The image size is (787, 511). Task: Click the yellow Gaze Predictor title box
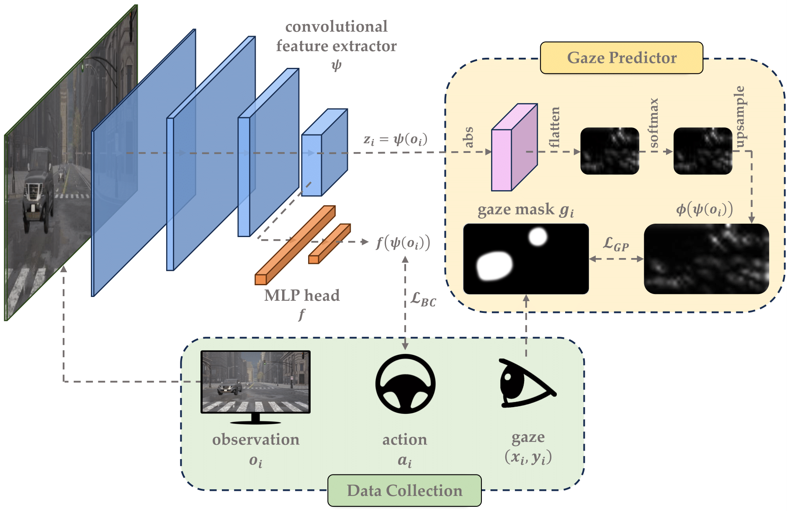point(621,58)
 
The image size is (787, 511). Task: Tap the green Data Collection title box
point(404,490)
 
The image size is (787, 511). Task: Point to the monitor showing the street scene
point(255,382)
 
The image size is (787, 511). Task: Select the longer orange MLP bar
point(295,245)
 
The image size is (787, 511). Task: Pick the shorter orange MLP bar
point(329,244)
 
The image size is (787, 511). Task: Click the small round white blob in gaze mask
point(538,237)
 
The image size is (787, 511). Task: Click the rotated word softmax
point(653,123)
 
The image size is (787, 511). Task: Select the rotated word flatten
point(555,127)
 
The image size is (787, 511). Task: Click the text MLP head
point(302,296)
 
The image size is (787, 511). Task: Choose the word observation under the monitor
point(256,440)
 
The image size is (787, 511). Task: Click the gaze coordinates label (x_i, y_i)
point(528,457)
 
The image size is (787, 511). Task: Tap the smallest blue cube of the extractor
point(324,153)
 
